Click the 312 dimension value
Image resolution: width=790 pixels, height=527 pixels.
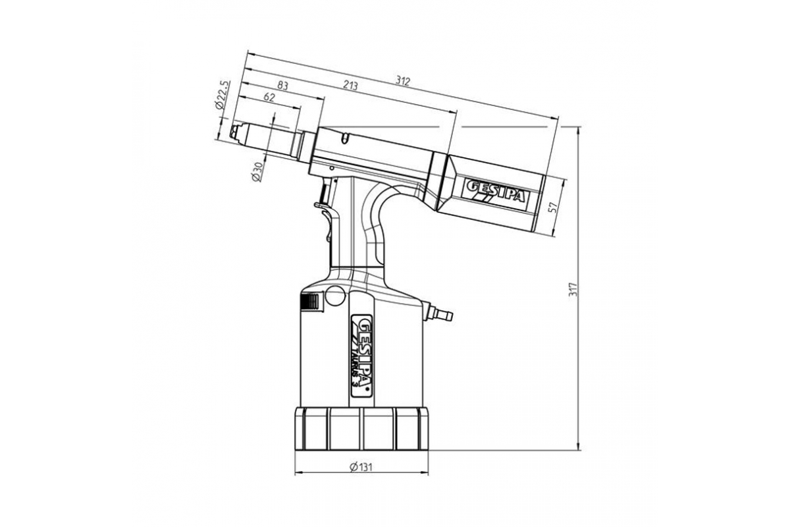(402, 81)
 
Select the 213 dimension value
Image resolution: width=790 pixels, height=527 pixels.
(350, 86)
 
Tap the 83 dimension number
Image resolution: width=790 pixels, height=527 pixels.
(282, 86)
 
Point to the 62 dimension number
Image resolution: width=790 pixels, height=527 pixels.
(269, 97)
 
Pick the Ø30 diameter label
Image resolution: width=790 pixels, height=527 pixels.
(257, 172)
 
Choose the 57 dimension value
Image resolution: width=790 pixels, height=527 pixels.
(554, 208)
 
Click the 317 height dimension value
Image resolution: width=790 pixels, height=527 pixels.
(574, 289)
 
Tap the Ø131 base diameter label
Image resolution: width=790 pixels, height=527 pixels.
(361, 467)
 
